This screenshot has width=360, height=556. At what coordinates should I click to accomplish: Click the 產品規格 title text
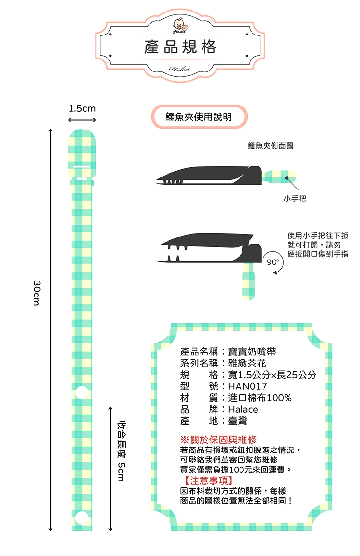180,47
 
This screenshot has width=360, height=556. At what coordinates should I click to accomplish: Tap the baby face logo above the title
180,24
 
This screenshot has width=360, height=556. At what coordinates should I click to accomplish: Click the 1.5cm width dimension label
82,109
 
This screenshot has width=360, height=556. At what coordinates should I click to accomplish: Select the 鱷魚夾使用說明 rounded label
199,117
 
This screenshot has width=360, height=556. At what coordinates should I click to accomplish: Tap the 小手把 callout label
295,198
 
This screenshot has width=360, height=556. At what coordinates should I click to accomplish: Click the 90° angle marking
273,262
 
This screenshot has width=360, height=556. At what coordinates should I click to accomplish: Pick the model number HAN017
248,386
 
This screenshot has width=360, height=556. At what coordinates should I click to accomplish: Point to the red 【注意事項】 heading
208,480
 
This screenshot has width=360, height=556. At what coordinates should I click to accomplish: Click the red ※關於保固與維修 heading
218,439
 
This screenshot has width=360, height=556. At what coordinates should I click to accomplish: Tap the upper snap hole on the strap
82,392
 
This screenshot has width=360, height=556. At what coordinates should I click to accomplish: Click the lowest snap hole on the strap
82,517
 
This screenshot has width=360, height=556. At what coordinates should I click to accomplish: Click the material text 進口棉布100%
260,398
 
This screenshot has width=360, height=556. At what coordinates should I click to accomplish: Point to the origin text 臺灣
238,421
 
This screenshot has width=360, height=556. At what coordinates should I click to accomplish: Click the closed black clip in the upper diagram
211,176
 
